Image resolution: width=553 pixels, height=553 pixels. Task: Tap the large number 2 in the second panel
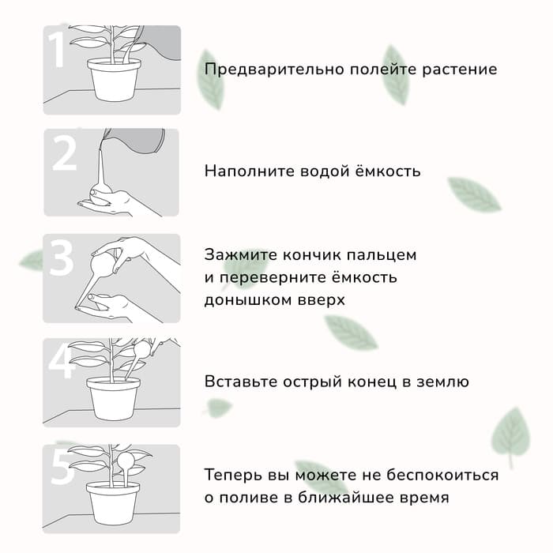(64, 155)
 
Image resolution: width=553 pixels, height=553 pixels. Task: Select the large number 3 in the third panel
(61, 259)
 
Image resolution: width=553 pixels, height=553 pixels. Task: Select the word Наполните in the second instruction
(243, 171)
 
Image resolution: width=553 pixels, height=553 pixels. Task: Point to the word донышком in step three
(243, 301)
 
